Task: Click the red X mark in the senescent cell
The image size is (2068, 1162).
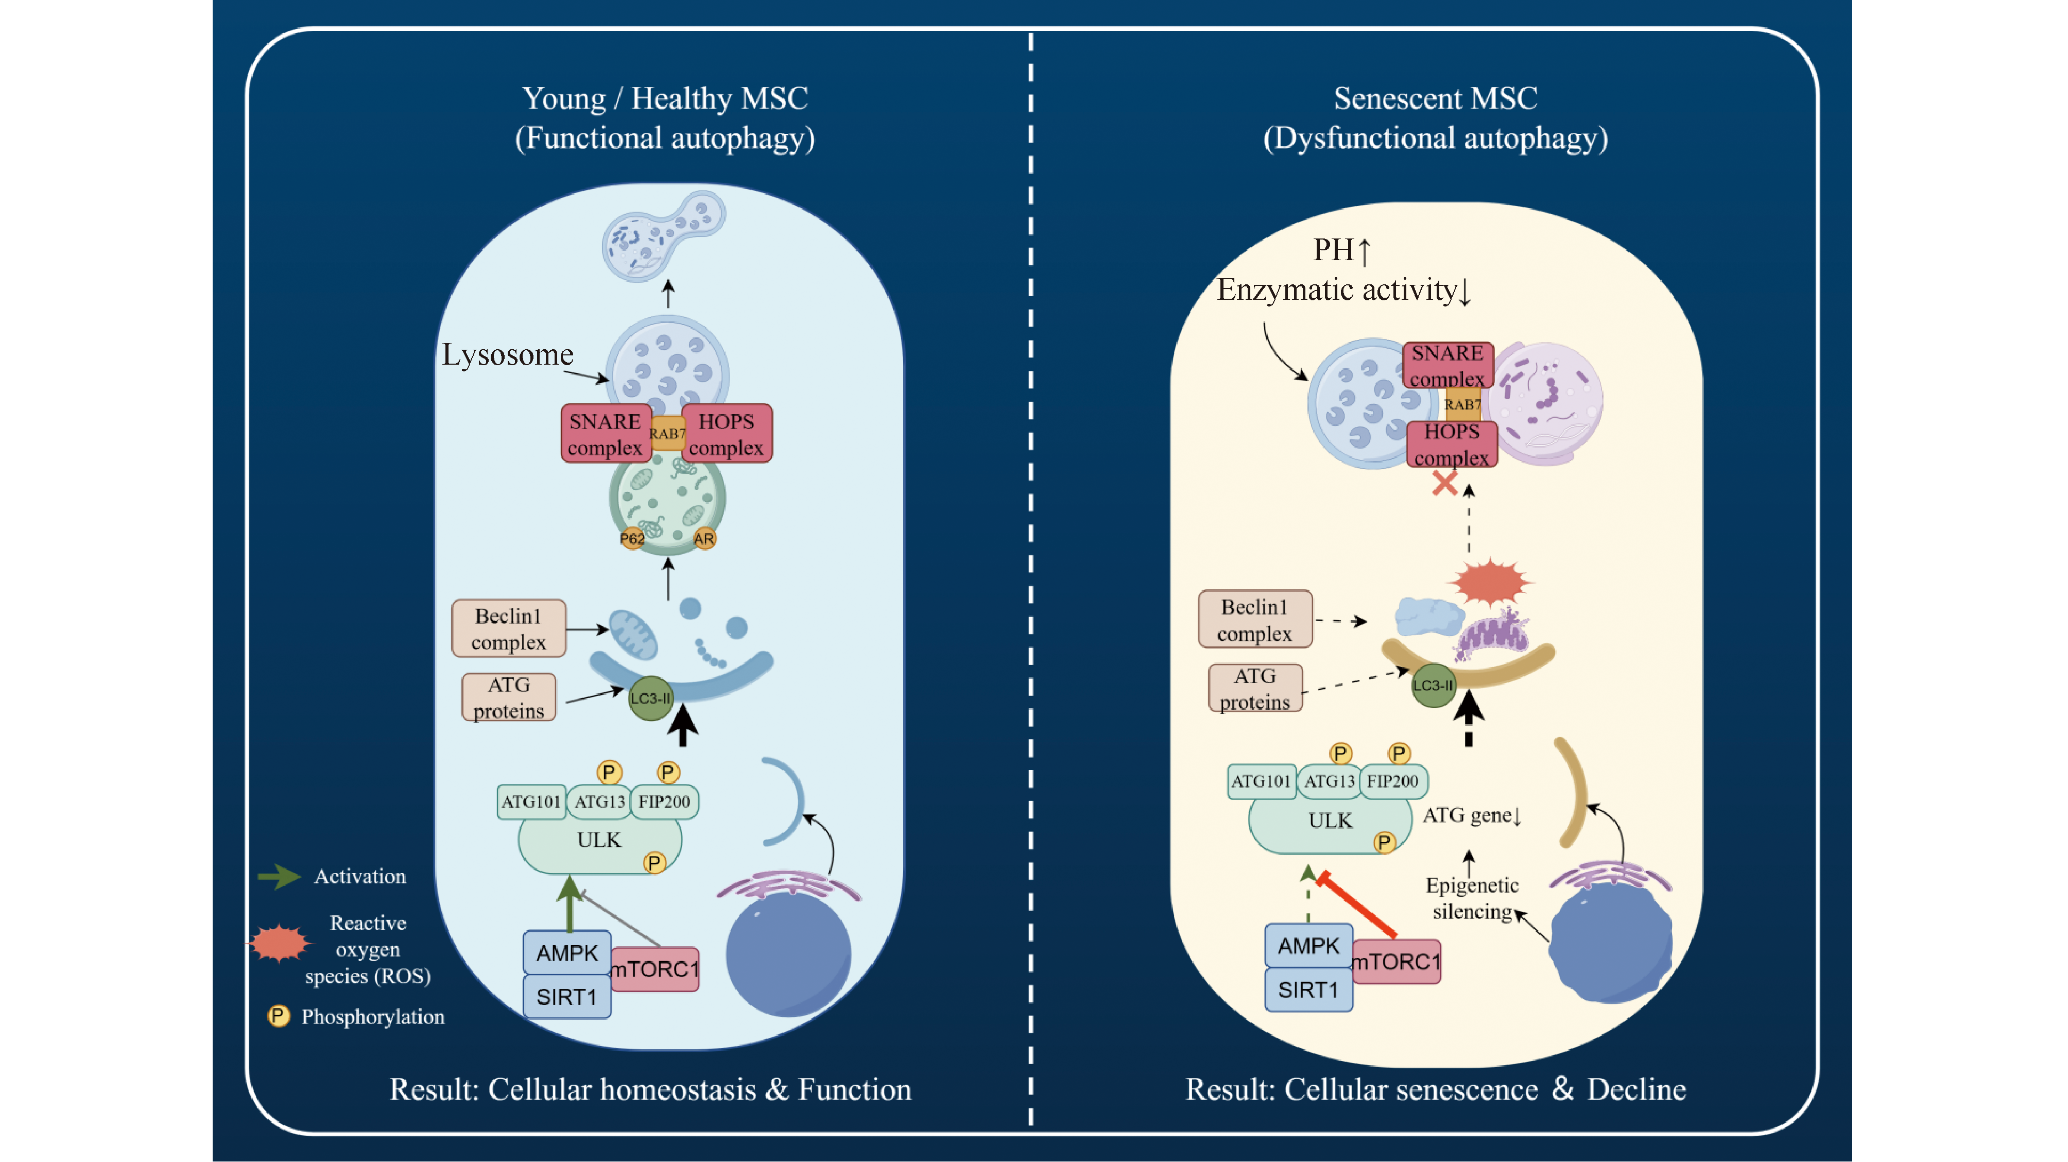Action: tap(1444, 484)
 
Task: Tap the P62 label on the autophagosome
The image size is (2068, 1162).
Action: tap(632, 539)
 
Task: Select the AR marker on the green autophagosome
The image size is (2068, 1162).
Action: tap(704, 539)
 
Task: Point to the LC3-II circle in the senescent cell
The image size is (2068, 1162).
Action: tap(1433, 686)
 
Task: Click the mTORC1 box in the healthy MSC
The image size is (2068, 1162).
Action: tap(655, 969)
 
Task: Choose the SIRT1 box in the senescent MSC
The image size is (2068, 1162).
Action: tap(1308, 989)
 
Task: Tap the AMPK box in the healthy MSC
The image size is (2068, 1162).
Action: tap(567, 953)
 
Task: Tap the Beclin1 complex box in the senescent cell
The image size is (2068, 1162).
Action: tap(1255, 620)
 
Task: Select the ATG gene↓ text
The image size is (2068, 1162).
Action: tap(1472, 816)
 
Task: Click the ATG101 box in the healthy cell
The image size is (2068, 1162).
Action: tap(531, 801)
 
